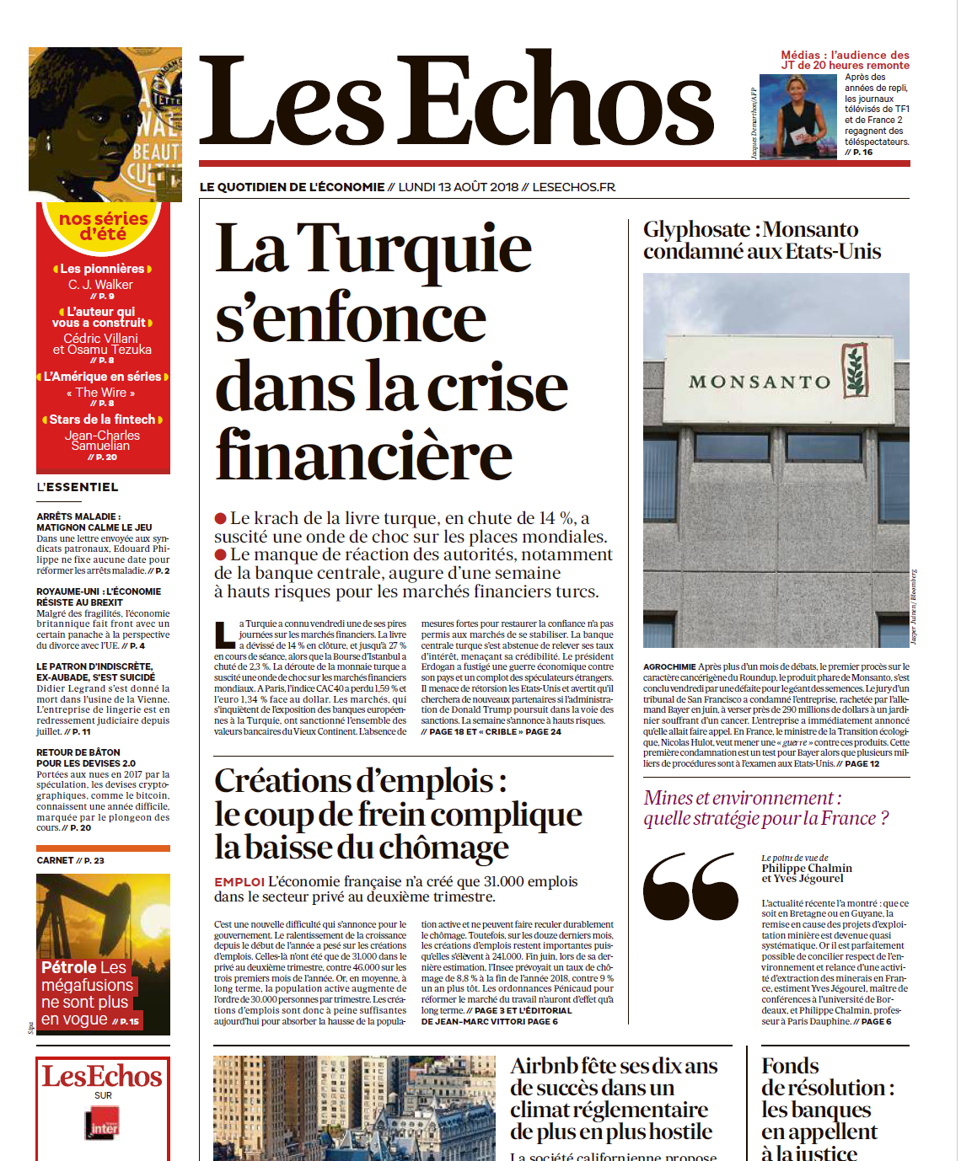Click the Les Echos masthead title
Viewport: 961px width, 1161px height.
click(x=456, y=101)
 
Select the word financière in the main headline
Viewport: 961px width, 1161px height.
click(x=363, y=456)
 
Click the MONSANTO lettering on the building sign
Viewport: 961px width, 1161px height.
click(x=760, y=383)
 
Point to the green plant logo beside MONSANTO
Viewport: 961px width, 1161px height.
click(x=855, y=371)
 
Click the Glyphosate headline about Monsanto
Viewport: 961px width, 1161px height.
click(x=761, y=240)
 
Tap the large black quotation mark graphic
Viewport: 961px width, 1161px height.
click(x=690, y=885)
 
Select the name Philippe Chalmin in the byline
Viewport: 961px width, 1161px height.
click(x=807, y=868)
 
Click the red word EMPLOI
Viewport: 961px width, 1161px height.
click(x=239, y=882)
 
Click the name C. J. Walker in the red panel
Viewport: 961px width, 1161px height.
click(x=101, y=285)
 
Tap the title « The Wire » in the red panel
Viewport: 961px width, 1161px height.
click(x=101, y=393)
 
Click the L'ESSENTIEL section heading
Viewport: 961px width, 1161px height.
click(x=78, y=487)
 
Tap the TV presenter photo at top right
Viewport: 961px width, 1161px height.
click(x=797, y=115)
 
